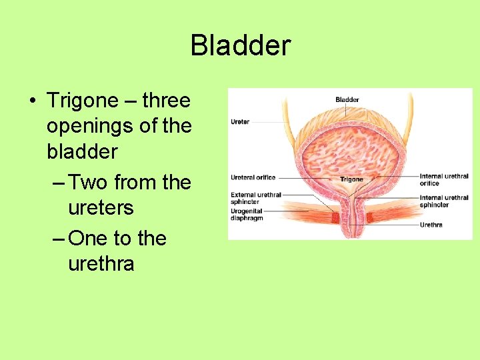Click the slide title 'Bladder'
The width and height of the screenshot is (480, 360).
[240, 46]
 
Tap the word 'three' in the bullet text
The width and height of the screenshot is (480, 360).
[166, 101]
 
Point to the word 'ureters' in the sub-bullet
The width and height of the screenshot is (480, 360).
[101, 207]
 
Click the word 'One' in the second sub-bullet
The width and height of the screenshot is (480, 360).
[90, 238]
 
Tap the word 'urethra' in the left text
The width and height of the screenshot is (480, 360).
[101, 263]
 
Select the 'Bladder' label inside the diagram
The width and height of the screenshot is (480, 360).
[347, 99]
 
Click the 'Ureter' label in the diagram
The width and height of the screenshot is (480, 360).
[240, 122]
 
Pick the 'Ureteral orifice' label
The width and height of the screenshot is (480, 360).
[253, 177]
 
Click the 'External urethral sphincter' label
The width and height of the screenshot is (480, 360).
[255, 197]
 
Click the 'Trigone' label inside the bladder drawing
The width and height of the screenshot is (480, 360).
[351, 179]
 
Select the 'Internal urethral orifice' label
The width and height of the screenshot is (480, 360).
[443, 179]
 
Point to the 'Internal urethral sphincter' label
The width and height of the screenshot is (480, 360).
[443, 201]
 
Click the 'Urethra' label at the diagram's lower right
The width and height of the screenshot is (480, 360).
[431, 225]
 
